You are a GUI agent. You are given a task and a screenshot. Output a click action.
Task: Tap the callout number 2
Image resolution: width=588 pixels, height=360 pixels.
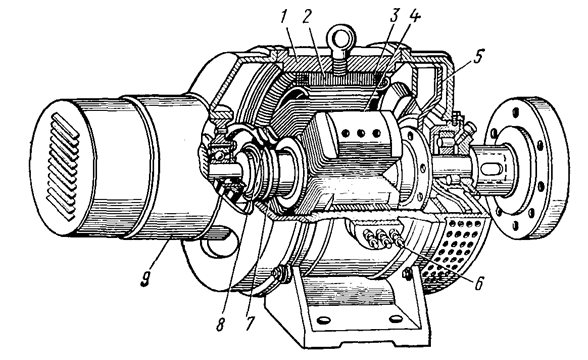coord(307,17)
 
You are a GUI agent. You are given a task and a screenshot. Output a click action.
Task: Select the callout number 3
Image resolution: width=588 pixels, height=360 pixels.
coord(393,16)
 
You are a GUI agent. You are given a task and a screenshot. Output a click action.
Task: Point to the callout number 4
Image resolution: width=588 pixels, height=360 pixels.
coord(415,16)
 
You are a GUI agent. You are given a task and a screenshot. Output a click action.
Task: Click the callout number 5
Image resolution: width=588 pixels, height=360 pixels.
coord(478,57)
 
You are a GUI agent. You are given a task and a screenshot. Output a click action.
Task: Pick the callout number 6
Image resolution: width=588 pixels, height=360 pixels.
coord(479,284)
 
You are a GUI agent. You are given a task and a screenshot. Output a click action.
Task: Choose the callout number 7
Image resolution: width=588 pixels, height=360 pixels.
coord(250,323)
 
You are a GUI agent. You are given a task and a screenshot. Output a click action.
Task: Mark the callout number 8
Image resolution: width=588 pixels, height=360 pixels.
coord(220,324)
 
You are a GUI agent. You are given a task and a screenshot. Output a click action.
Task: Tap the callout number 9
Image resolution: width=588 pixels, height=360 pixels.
coord(146,279)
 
